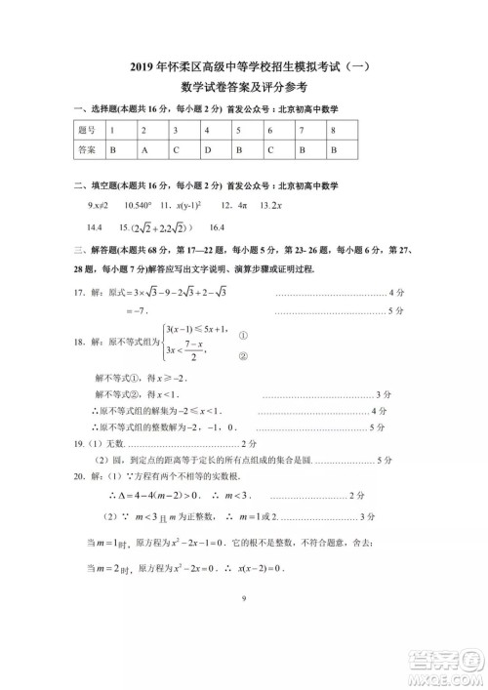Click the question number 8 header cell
[x=334, y=130]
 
